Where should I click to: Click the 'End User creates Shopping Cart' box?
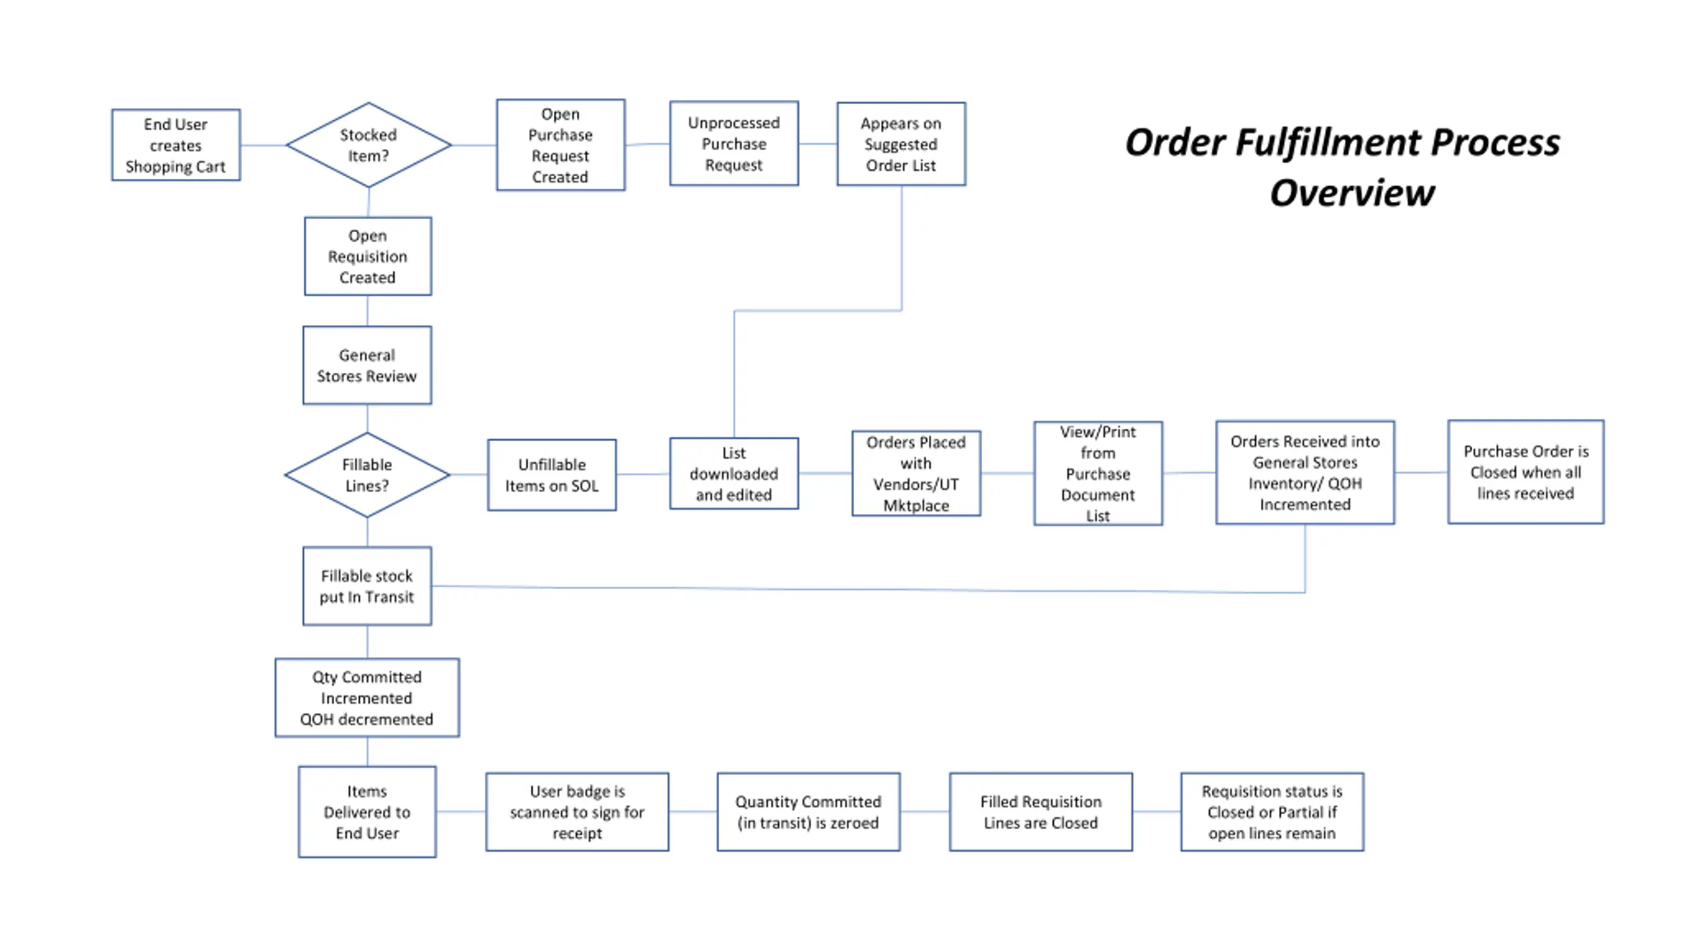176,145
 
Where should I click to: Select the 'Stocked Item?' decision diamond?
368,145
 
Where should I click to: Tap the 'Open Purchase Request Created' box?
560,145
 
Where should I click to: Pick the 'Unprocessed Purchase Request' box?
734,144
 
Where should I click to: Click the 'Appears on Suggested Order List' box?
901,144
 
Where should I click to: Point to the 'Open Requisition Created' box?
368,256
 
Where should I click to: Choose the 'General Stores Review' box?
367,366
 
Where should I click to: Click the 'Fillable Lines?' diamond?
367,475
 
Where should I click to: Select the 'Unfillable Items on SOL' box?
552,475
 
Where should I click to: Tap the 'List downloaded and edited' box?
734,473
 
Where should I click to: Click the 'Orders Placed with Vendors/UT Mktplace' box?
916,473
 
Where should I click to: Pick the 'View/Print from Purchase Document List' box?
1098,473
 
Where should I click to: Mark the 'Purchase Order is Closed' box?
1526,472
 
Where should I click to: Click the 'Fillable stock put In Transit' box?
367,586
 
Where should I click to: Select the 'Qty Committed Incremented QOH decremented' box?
367,698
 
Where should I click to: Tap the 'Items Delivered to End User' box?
367,812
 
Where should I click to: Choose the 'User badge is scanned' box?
578,812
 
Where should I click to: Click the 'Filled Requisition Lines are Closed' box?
1041,812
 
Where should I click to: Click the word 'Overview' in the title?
1352,193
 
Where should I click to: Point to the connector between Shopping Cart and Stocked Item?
263,145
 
